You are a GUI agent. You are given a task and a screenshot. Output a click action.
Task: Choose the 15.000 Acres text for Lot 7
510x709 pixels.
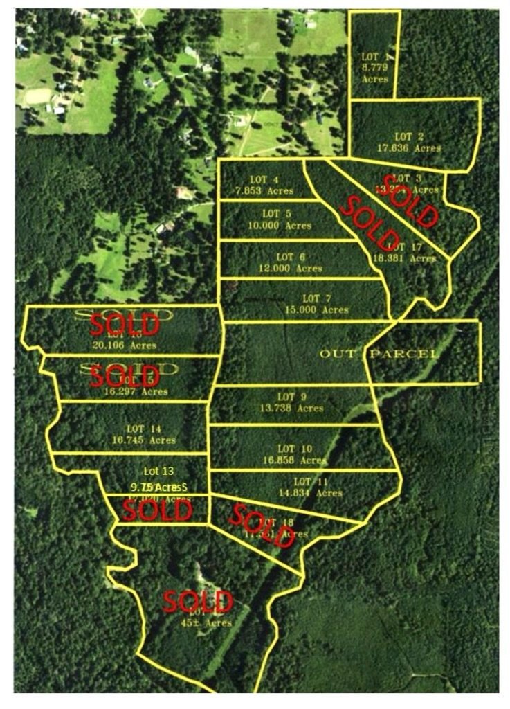(316, 309)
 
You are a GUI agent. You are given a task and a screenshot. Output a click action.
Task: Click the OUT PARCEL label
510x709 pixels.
(379, 354)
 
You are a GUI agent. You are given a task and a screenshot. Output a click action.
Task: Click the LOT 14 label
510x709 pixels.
(144, 429)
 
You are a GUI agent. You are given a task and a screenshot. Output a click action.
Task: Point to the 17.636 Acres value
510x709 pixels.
(409, 147)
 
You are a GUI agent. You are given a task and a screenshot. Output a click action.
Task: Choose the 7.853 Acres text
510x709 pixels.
(264, 191)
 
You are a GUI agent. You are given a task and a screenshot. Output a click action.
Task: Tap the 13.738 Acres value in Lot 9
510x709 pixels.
(291, 409)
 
